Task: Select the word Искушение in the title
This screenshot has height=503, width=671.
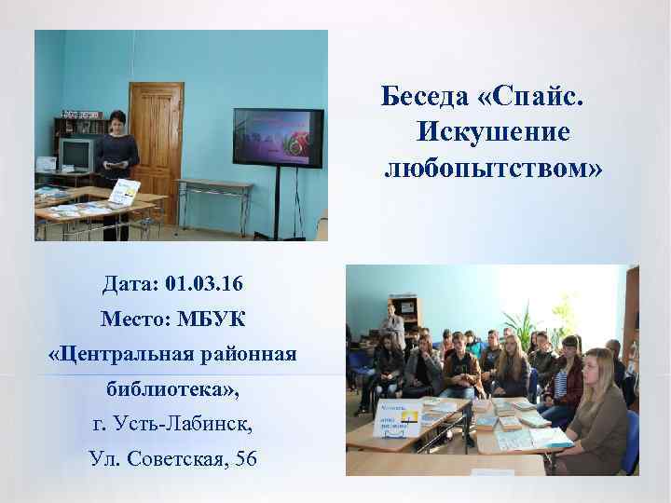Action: pos(493,132)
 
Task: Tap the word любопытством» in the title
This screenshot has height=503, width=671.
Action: pos(493,168)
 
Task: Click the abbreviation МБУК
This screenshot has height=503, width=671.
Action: pos(212,319)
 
